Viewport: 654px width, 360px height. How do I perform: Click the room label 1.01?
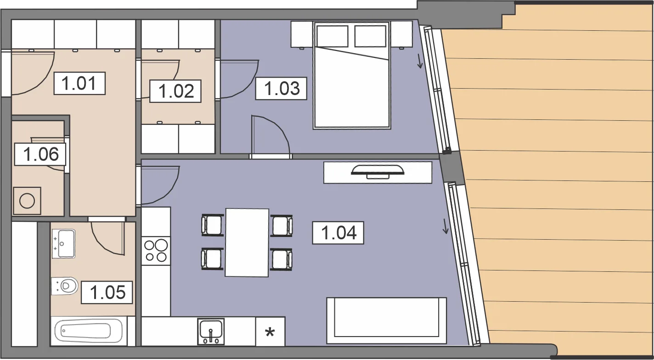click(79, 84)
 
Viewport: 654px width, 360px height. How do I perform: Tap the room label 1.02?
click(175, 91)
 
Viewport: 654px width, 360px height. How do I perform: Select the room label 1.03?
click(281, 88)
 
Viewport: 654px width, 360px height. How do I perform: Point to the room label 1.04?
click(338, 233)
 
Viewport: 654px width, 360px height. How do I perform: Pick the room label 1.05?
click(107, 292)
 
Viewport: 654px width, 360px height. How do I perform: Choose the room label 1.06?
click(40, 154)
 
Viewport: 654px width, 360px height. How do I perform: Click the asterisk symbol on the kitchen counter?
click(270, 332)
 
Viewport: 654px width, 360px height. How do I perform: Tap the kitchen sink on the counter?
click(211, 332)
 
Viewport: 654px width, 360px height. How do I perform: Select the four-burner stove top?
click(156, 251)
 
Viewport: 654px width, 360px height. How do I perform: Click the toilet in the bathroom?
click(65, 285)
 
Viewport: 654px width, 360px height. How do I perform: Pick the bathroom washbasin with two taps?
click(64, 244)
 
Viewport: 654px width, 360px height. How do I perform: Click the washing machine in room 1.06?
click(27, 201)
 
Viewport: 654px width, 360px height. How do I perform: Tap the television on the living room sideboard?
click(378, 172)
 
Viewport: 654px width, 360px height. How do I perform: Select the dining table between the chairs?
click(247, 242)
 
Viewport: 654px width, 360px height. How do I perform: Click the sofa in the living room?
click(387, 321)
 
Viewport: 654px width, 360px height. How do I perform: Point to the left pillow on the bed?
click(333, 36)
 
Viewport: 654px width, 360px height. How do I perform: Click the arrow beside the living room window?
click(445, 226)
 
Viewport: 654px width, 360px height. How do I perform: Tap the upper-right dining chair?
click(281, 225)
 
